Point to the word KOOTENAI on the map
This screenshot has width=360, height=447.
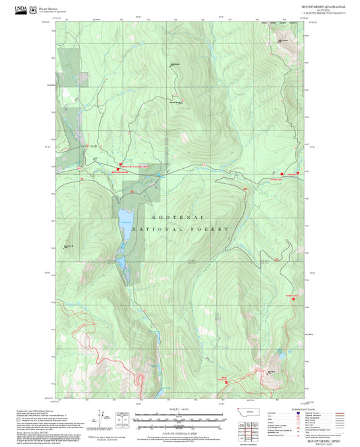(176, 217)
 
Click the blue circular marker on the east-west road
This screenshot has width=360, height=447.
(158, 175)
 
